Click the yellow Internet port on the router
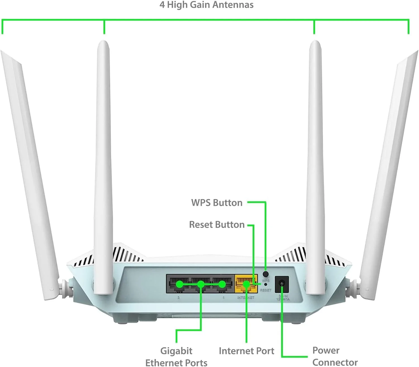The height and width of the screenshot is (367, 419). (246, 284)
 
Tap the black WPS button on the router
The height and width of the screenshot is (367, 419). (266, 274)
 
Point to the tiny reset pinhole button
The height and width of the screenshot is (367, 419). (265, 285)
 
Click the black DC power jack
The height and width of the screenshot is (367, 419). (282, 284)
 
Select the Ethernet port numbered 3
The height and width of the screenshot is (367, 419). (179, 284)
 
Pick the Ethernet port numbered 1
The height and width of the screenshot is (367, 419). (222, 284)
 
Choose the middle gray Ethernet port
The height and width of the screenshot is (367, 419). (201, 284)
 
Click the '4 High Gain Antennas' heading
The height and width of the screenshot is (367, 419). (206, 5)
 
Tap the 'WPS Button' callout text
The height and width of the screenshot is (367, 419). (217, 203)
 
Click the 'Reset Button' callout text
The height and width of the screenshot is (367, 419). (217, 224)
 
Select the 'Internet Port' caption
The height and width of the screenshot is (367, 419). (246, 351)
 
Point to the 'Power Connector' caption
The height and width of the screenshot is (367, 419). (335, 356)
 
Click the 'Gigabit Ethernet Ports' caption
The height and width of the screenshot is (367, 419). (176, 356)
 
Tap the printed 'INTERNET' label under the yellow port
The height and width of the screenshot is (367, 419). (246, 297)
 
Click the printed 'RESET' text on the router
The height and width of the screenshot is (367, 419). (265, 290)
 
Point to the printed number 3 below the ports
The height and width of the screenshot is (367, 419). (179, 297)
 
